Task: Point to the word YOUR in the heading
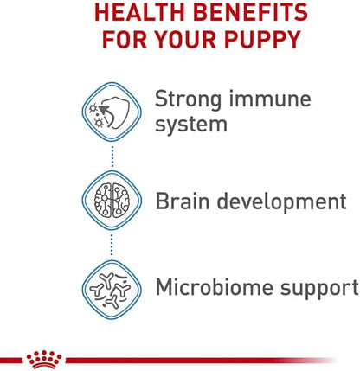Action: tap(182, 41)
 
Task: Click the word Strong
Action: tap(190, 99)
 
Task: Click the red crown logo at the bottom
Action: tap(43, 358)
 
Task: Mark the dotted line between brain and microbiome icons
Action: tap(112, 246)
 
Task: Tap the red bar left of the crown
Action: tap(10, 361)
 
